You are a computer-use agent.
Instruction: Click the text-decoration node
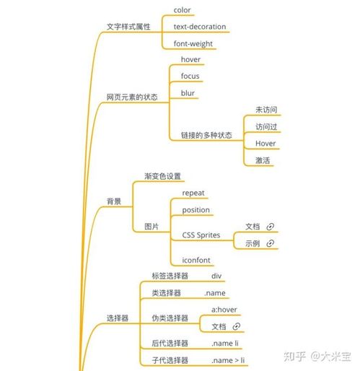[200, 27]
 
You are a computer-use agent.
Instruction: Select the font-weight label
[193, 44]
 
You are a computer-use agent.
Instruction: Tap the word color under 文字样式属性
[182, 10]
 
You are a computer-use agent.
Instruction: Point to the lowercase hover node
[190, 59]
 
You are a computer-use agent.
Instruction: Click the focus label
[190, 76]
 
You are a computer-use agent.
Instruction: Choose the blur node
[188, 93]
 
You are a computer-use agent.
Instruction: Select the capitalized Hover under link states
[265, 144]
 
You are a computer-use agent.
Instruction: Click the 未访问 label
[266, 110]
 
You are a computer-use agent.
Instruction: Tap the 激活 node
[263, 160]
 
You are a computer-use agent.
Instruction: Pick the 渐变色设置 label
[162, 176]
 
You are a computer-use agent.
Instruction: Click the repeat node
[193, 193]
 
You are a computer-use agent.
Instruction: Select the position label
[196, 210]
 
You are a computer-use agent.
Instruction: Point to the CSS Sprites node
[201, 235]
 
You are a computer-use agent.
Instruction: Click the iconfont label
[196, 260]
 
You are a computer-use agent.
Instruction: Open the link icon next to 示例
[271, 243]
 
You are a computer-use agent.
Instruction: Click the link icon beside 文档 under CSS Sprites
[271, 227]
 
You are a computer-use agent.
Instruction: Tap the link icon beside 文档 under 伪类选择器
[237, 326]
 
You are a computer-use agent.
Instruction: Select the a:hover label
[224, 310]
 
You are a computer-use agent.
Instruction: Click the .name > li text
[228, 360]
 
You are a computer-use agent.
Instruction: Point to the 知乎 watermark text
[295, 357]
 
